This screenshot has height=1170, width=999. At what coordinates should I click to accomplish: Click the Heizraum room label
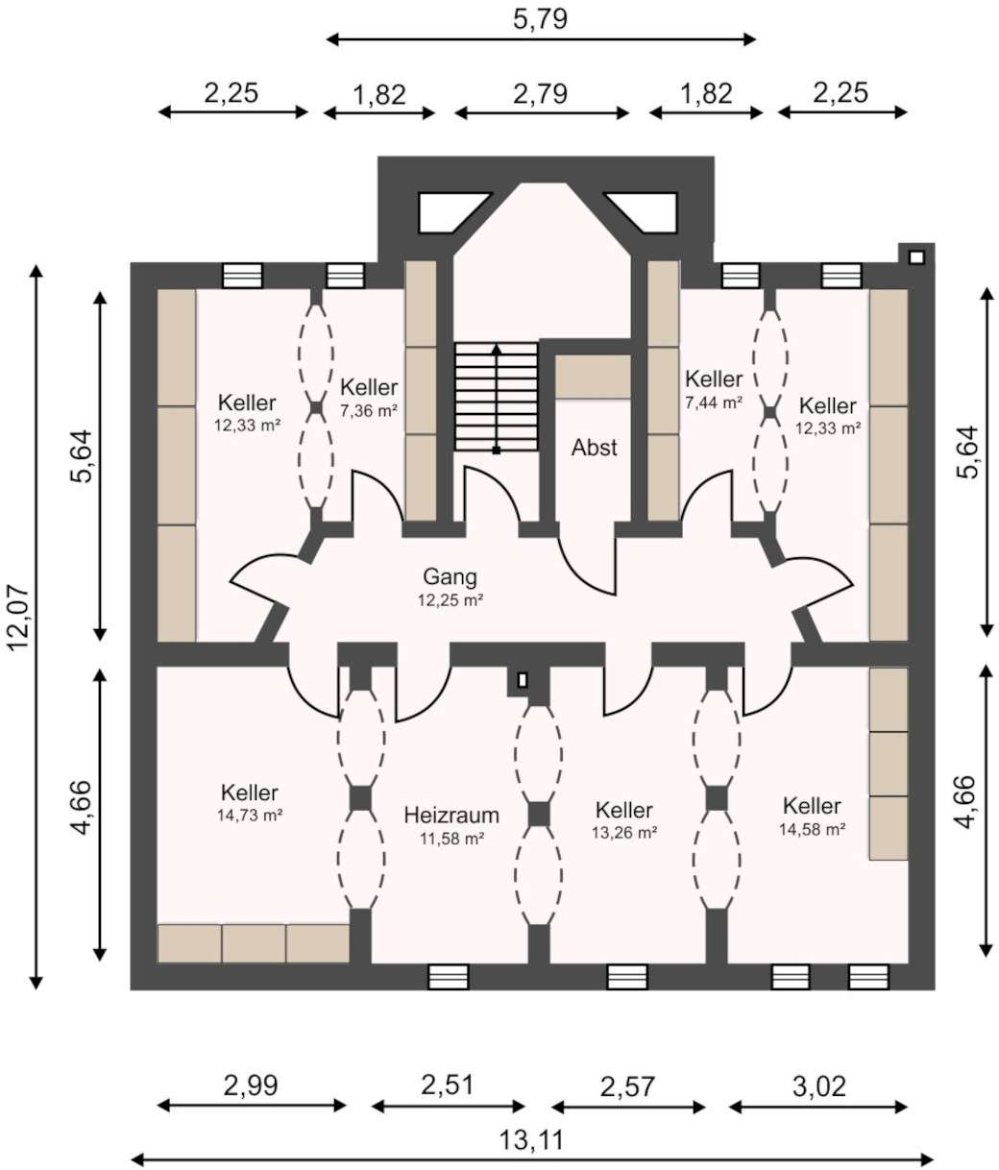click(451, 816)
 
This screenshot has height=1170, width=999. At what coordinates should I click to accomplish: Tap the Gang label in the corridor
click(450, 576)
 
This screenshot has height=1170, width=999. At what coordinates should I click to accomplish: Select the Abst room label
click(594, 448)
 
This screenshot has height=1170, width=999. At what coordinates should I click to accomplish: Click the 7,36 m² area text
click(369, 410)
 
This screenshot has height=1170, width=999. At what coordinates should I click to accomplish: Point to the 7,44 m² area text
click(713, 402)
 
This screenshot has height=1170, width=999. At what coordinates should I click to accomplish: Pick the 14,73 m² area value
click(250, 816)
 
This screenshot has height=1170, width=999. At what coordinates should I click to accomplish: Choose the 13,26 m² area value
click(624, 833)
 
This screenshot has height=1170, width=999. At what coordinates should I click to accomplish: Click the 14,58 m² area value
click(812, 829)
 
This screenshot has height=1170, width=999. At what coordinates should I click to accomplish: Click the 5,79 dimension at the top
click(540, 18)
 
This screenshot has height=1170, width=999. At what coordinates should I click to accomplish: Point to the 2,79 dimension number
click(540, 93)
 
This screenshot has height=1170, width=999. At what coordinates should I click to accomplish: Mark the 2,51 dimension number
click(447, 1085)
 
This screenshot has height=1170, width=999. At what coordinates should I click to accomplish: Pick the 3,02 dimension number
click(819, 1086)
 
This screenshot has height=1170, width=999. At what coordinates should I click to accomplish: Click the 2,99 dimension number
click(251, 1085)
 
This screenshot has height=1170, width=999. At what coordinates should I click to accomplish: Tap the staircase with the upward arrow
click(496, 396)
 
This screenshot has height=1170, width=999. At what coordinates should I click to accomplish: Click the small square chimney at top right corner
click(916, 257)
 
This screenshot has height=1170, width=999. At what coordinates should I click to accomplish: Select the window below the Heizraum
click(449, 977)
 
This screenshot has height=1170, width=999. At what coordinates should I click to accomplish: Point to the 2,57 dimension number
click(627, 1086)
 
